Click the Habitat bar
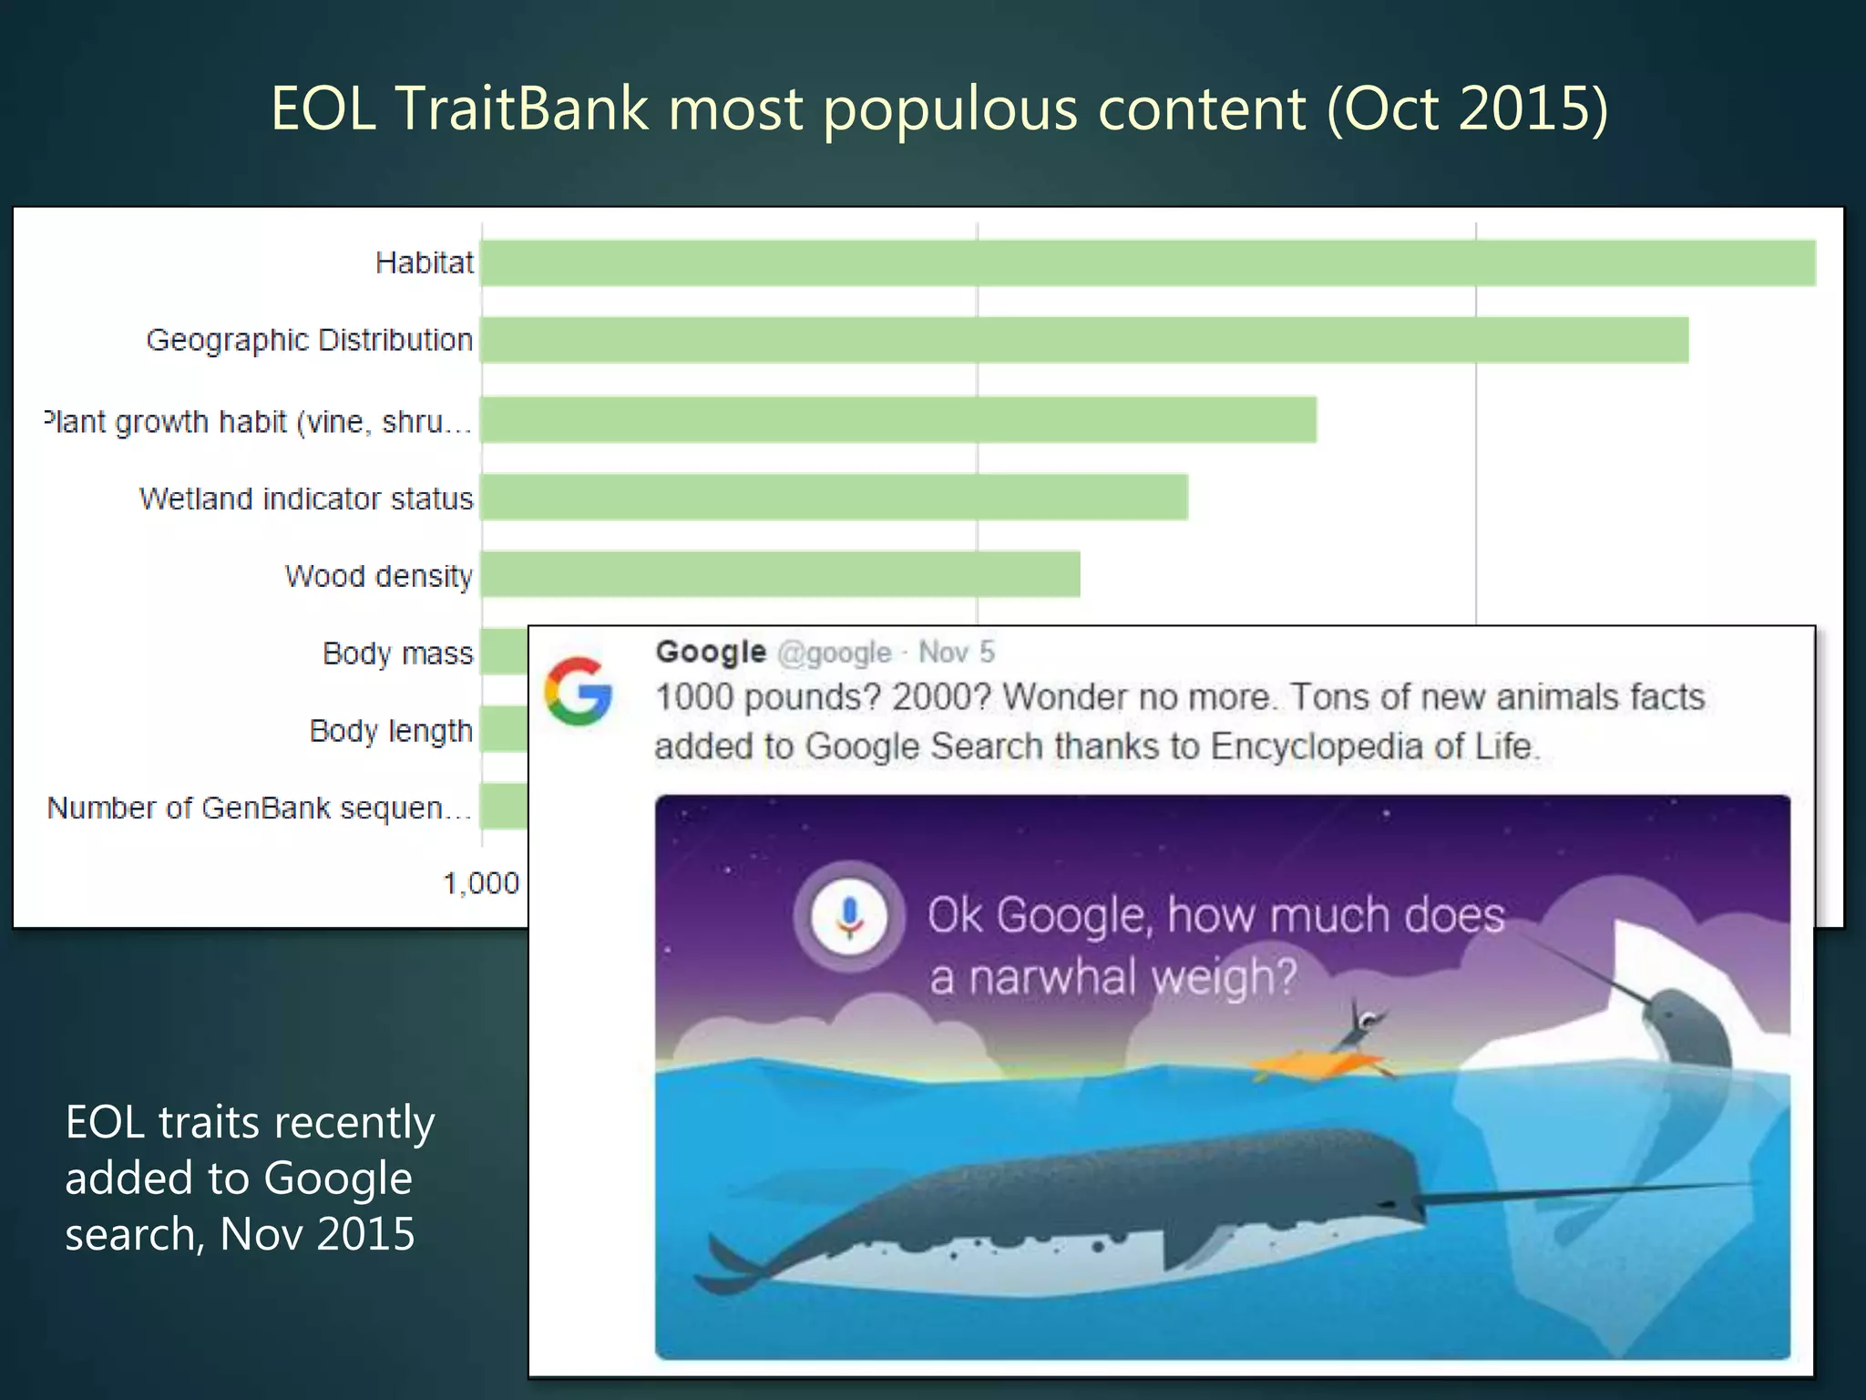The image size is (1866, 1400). [1148, 263]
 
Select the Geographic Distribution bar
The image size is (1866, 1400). [1084, 340]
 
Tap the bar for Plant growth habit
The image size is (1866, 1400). [898, 420]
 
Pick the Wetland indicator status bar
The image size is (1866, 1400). [834, 498]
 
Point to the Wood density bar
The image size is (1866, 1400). [780, 574]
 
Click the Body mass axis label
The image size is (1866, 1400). [397, 654]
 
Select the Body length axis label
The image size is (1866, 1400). [391, 731]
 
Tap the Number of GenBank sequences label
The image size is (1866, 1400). [260, 808]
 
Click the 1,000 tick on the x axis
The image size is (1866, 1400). [480, 882]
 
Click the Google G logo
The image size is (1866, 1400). [578, 691]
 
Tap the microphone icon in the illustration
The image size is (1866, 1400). [849, 915]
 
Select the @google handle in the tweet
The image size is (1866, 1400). [834, 653]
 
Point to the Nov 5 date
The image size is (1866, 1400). [956, 653]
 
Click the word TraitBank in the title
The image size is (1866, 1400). [522, 108]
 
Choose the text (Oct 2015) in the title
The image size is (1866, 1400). [1467, 108]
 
